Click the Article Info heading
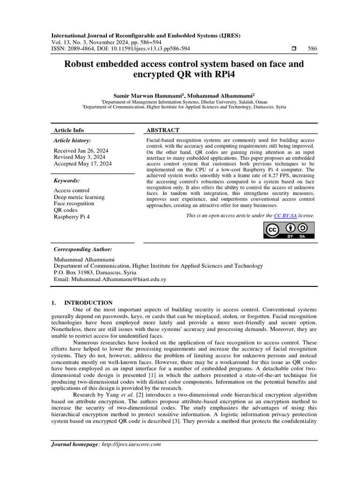point(69,130)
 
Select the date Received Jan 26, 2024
point(81,150)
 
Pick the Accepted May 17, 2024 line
point(83,164)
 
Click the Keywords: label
point(67,180)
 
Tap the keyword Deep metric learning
point(79,197)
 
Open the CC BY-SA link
point(285,216)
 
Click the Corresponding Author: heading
point(83,249)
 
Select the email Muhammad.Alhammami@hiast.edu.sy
point(119,279)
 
